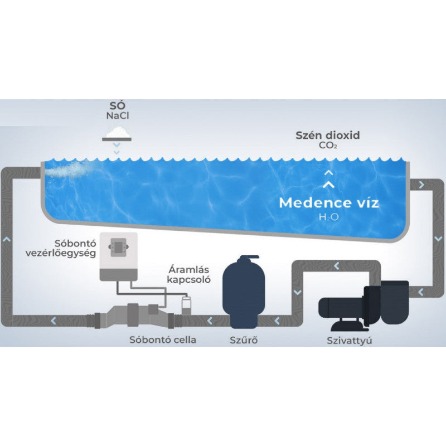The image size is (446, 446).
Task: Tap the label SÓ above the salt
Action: [117, 106]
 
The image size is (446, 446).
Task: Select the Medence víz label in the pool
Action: [329, 203]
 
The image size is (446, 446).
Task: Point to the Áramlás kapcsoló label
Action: [189, 275]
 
